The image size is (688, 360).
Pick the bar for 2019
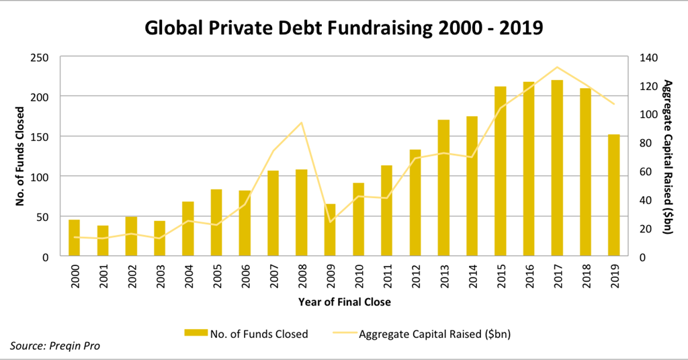pos(613,195)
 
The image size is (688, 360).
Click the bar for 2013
pos(443,188)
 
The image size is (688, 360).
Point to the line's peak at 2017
pos(557,67)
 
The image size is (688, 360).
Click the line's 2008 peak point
pos(302,122)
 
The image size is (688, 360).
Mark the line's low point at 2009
pos(330,222)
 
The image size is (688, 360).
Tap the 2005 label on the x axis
pos(216,277)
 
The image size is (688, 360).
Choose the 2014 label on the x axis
pos(472,277)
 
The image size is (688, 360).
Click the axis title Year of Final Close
pos(344,302)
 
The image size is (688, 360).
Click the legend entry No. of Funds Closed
pos(259,334)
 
